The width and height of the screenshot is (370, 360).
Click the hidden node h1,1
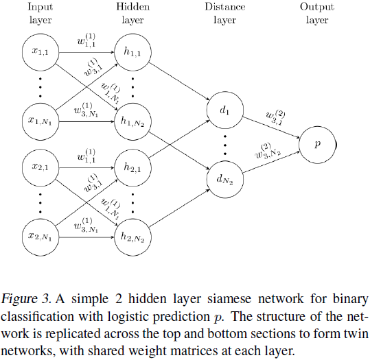click(x=132, y=51)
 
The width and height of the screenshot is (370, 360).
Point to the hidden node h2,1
click(x=132, y=166)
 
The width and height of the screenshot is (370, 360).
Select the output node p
click(x=317, y=144)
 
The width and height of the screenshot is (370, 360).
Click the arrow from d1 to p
click(x=270, y=126)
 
